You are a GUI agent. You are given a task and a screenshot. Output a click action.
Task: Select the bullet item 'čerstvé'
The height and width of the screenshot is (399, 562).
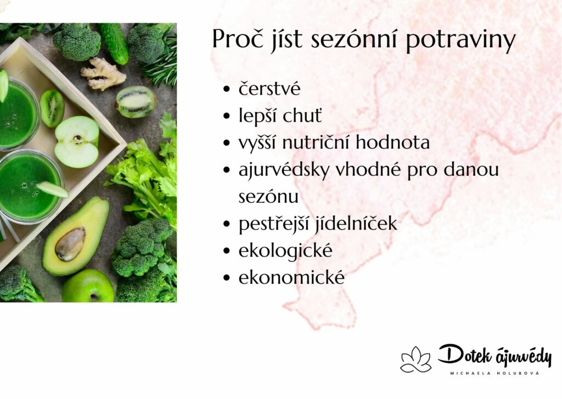pos(269,88)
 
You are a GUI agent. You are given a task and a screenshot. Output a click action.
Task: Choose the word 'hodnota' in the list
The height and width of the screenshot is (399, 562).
pos(393,142)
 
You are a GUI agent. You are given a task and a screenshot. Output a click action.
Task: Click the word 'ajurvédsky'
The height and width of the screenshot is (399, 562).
pos(284,170)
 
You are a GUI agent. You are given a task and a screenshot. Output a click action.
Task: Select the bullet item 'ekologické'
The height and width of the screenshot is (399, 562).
pos(285,251)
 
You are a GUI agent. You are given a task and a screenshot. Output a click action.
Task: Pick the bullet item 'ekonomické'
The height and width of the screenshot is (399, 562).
pos(291,277)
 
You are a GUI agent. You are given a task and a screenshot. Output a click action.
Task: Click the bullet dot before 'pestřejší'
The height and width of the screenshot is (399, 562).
pos(226,224)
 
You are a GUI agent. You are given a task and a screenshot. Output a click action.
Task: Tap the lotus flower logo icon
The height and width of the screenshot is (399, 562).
pos(416,359)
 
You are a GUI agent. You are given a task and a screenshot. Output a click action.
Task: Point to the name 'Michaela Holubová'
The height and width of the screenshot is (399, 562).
pos(494,374)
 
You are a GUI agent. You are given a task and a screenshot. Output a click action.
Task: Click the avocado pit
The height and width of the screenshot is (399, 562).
pos(70,243)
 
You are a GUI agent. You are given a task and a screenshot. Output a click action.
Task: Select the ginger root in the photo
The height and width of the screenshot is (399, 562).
pos(103,74)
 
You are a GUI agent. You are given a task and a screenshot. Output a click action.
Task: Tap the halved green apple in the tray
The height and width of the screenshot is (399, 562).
pos(77,142)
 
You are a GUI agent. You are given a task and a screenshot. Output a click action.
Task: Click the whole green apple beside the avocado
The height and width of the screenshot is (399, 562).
pos(88,286)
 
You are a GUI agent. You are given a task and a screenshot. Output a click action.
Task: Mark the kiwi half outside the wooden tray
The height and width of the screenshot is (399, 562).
pos(136,102)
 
